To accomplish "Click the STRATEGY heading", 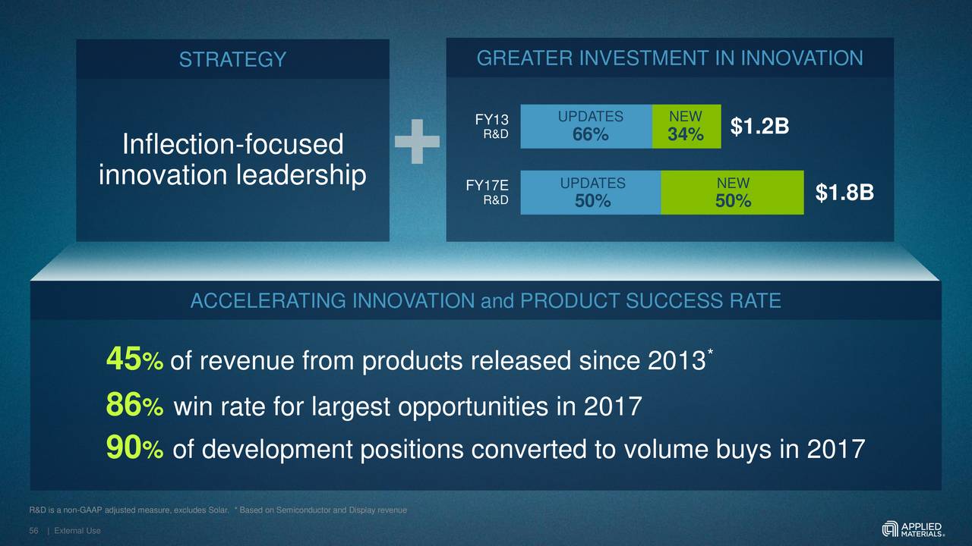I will click(x=232, y=59).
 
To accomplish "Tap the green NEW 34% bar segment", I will click(x=686, y=127).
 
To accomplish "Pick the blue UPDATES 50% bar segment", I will click(x=591, y=193).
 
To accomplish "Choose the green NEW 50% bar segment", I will click(x=732, y=193).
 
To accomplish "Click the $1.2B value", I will click(x=759, y=128).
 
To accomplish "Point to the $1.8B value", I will click(x=844, y=194).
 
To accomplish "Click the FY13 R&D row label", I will click(x=492, y=127).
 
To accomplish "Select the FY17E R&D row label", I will click(x=488, y=193).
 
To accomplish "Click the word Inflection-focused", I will click(x=232, y=144).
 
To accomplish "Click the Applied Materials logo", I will click(x=914, y=528).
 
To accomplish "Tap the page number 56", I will click(x=33, y=530).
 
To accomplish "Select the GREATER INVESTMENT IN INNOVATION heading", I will click(x=669, y=58).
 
